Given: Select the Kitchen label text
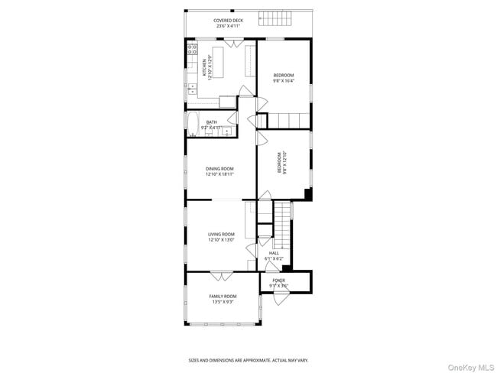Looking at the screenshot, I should (204, 68).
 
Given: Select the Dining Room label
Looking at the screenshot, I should (219, 172).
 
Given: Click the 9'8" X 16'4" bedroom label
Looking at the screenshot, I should (284, 77).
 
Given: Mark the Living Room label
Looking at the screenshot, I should (221, 237).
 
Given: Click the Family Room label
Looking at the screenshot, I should (223, 299).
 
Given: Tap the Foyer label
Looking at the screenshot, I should (278, 282).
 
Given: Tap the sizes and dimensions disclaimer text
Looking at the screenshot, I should (248, 360).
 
